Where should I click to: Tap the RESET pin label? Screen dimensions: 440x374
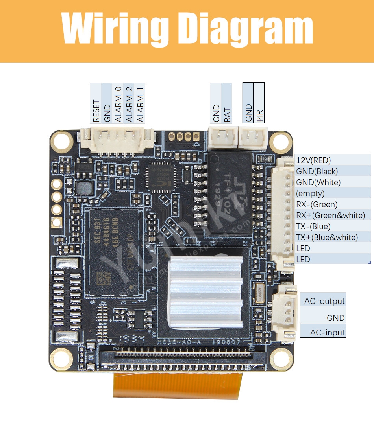click(96, 110)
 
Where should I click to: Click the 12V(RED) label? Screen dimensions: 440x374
click(313, 160)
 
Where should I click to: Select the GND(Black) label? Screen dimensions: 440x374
click(317, 171)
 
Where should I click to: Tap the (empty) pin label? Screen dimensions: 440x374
click(310, 193)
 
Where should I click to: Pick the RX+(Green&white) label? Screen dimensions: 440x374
click(330, 215)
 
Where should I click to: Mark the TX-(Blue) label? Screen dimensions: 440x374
click(313, 226)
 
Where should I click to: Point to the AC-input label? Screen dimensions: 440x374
click(327, 332)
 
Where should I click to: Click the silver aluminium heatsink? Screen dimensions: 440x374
click(205, 291)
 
